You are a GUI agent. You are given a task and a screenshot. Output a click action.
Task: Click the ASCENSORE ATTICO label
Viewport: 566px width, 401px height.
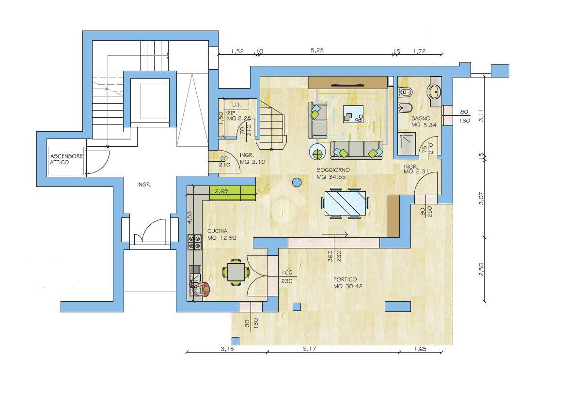[x=66, y=159]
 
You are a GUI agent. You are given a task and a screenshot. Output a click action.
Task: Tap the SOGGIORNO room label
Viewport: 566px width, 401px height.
[x=333, y=170]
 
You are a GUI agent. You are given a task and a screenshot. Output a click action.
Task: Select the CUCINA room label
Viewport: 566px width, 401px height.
[x=217, y=231]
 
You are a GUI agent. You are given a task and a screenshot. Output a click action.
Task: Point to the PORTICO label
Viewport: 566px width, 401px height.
[x=345, y=279]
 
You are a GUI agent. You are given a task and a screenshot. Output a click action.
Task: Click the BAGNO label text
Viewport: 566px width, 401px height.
[x=421, y=118]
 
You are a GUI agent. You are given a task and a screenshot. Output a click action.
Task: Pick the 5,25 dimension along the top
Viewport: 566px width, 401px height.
[x=317, y=50]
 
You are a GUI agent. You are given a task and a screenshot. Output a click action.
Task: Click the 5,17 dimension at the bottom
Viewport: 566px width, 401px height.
[x=310, y=349]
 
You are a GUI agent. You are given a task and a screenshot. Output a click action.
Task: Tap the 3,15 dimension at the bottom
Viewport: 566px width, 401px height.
[x=227, y=349]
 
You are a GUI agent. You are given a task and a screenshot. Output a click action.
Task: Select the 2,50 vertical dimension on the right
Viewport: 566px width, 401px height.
[x=481, y=269]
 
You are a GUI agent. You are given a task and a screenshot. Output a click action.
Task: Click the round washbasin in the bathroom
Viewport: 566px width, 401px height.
[x=434, y=91]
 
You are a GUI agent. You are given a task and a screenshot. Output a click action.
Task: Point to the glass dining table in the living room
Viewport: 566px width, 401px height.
[x=346, y=203]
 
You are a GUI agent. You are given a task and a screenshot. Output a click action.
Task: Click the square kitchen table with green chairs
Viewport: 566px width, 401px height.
[x=236, y=272]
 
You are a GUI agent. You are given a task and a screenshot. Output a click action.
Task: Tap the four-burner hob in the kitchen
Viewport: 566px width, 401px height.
[x=194, y=242]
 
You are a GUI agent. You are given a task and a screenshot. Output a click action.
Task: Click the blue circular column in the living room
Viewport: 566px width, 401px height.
[x=297, y=183]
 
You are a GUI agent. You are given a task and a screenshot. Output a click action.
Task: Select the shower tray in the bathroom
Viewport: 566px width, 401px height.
[x=407, y=143]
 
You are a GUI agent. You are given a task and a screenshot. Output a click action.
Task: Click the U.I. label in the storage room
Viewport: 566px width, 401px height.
[x=236, y=105]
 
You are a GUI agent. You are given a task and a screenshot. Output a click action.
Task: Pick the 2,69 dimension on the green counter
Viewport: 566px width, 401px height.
[x=221, y=191]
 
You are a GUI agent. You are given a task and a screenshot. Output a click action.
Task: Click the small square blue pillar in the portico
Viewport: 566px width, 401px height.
[x=297, y=307]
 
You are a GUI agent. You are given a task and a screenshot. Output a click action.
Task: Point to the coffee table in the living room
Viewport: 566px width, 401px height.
[x=353, y=114]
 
